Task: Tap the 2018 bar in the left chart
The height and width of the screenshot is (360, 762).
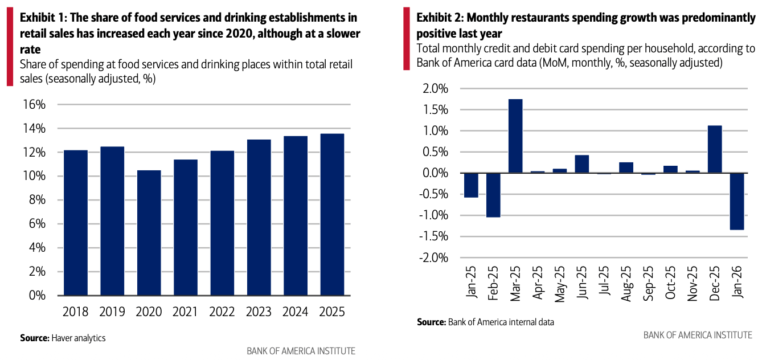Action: [75, 223]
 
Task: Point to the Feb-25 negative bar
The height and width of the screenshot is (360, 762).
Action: [493, 195]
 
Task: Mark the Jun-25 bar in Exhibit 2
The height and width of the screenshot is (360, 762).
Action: [581, 163]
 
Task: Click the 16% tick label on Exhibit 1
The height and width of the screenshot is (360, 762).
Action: [34, 104]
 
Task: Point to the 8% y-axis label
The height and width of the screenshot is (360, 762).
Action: [37, 200]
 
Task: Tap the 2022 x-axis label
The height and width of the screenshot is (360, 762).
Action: [222, 312]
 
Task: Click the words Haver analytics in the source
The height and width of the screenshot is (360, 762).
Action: [79, 338]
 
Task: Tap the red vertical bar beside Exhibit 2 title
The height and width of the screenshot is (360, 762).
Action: [406, 39]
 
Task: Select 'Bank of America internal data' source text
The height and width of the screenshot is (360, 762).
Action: [501, 322]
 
